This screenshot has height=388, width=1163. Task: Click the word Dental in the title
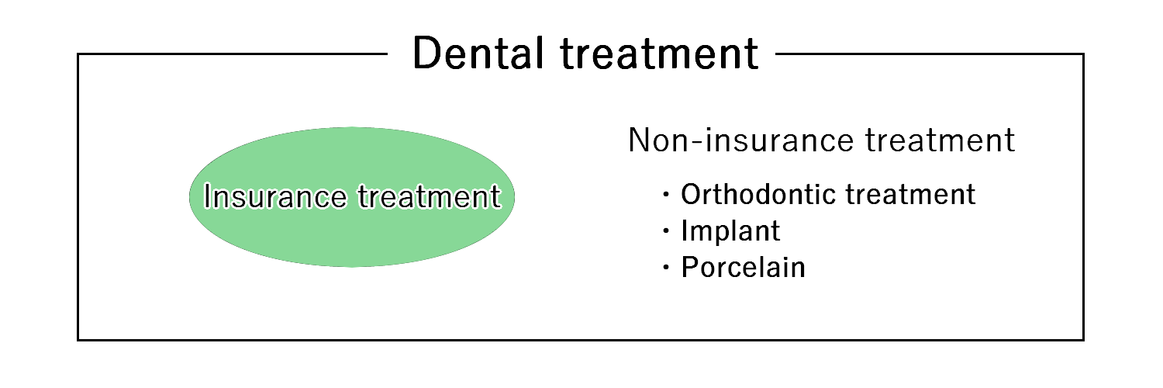point(478,53)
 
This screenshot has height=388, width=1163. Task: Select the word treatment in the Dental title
point(659,54)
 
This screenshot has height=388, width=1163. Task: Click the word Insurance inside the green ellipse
point(275,196)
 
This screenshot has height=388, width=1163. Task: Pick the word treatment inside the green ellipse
point(430,196)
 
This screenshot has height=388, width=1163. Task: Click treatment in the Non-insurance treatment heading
point(940,140)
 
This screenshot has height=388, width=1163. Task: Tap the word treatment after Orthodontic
point(911,194)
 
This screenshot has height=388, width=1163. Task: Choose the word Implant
point(730,230)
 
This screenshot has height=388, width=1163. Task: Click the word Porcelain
point(743,267)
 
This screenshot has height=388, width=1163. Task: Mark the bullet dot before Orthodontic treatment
point(666,196)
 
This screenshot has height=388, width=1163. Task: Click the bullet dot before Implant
point(666,232)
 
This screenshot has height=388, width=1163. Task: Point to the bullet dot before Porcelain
point(666,268)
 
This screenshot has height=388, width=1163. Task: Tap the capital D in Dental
point(426,53)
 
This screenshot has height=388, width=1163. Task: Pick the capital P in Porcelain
point(691,267)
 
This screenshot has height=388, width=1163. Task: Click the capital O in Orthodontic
point(692,194)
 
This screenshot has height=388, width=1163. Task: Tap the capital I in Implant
point(685,230)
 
